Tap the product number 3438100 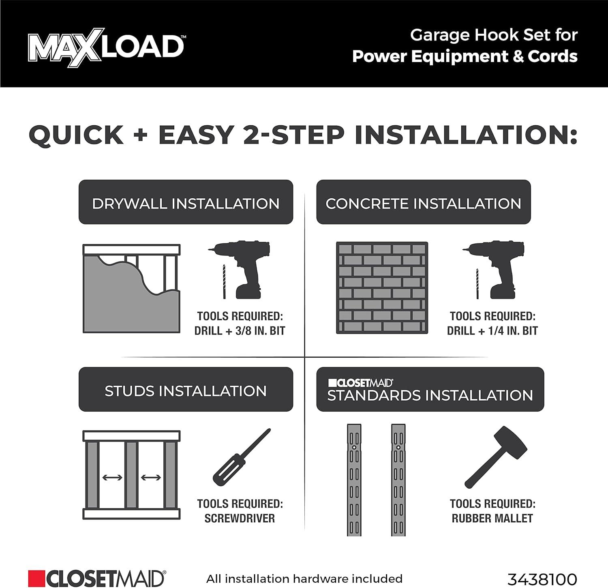[x=542, y=579]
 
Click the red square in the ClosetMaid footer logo [x=36, y=579]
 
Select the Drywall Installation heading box [x=186, y=202]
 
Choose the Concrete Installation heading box [x=423, y=202]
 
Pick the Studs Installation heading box [x=186, y=390]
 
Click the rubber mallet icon [x=496, y=457]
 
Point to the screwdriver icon [x=242, y=456]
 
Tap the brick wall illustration [x=382, y=288]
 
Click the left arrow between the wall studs [x=112, y=478]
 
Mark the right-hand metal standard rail [x=398, y=480]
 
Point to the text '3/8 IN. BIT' [x=260, y=331]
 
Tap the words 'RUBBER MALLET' [x=492, y=518]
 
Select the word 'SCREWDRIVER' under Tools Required [x=240, y=518]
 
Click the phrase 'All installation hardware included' [x=304, y=579]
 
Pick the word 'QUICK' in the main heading [x=76, y=135]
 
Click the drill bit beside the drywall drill [x=224, y=281]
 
